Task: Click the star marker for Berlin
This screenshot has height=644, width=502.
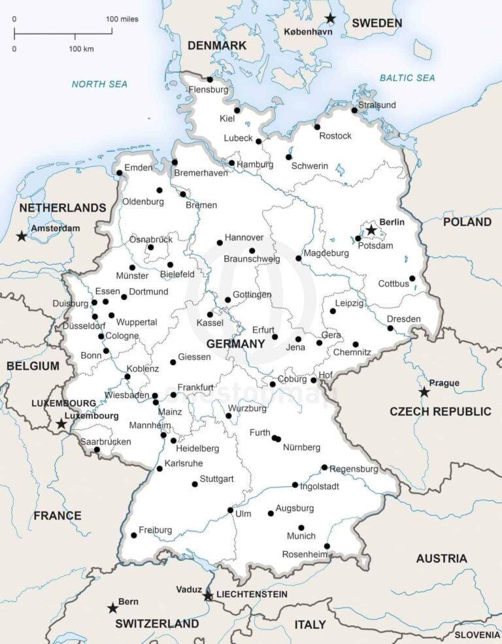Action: (371, 231)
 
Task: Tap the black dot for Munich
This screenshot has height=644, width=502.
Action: (301, 528)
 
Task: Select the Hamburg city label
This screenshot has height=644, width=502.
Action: (255, 165)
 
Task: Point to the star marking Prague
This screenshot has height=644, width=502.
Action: (424, 393)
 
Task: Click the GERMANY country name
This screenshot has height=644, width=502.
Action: (235, 344)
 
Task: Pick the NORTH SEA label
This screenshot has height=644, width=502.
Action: (99, 84)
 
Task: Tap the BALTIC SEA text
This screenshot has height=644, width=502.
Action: (407, 78)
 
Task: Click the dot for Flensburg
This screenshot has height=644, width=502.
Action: (210, 80)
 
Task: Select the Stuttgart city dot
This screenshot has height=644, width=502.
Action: (195, 484)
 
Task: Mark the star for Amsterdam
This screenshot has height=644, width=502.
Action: (22, 236)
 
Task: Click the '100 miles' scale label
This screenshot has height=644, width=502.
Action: (122, 19)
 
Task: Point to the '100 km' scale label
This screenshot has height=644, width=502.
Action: (81, 49)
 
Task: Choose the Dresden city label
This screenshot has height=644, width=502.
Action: (403, 319)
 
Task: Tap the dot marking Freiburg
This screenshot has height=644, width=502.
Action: (134, 535)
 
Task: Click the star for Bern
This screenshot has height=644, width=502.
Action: (112, 608)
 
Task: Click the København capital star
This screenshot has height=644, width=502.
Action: (331, 18)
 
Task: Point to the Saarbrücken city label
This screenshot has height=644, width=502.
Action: (105, 442)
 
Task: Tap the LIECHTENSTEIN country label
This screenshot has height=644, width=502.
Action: (252, 594)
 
